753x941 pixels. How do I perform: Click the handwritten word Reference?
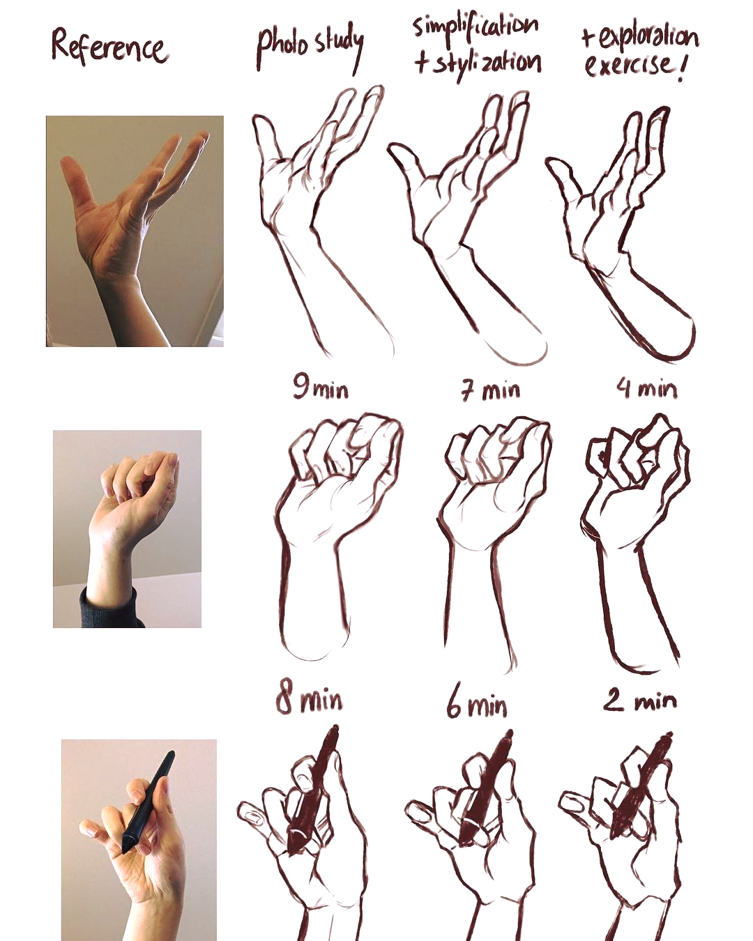click(x=109, y=47)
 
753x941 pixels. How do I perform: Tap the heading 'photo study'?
click(x=310, y=48)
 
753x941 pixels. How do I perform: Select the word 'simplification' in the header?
click(x=476, y=30)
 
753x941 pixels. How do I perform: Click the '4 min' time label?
click(x=646, y=388)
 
